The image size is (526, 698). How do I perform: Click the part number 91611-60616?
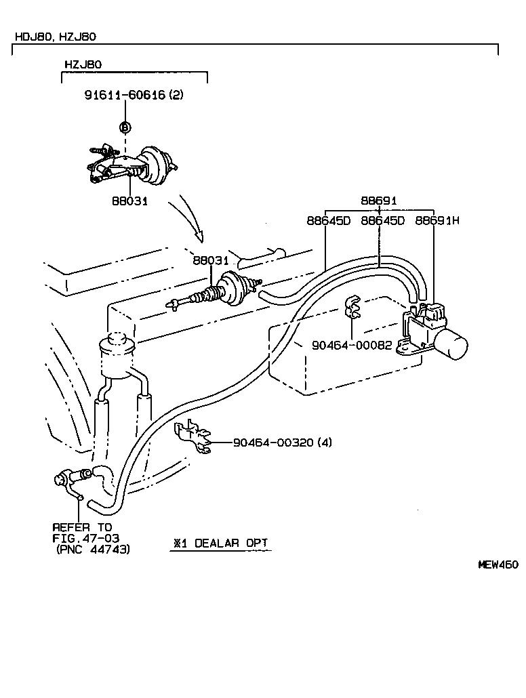click(x=125, y=95)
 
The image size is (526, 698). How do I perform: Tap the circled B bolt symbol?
click(x=125, y=127)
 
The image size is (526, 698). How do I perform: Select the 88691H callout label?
click(x=437, y=220)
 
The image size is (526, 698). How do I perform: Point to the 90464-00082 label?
click(x=351, y=344)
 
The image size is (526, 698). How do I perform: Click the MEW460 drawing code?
click(x=498, y=564)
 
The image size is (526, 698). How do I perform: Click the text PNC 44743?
click(x=96, y=549)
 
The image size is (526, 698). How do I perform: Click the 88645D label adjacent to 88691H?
click(x=382, y=220)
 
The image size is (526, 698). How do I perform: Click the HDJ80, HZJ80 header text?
click(x=58, y=37)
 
